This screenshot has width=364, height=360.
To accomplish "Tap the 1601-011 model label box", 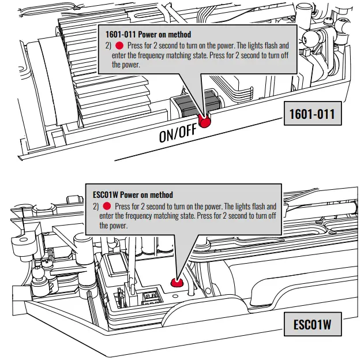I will pos(312,113).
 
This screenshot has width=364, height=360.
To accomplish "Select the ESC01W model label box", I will pos(313,325).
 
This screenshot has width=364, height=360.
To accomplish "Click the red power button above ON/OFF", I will pos(205,120).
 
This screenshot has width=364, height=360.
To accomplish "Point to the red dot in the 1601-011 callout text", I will pos(119,45).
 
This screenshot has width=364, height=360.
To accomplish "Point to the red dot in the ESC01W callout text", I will pos(106,206).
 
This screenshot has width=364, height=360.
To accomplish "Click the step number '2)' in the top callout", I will pos(108,45).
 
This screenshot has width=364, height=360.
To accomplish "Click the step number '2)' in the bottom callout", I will pos(96,206).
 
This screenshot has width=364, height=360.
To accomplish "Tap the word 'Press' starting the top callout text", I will pos(136,45).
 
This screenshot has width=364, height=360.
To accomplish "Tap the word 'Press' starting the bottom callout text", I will pos(123,206).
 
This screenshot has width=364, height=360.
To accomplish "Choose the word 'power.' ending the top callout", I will pos(122,65).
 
